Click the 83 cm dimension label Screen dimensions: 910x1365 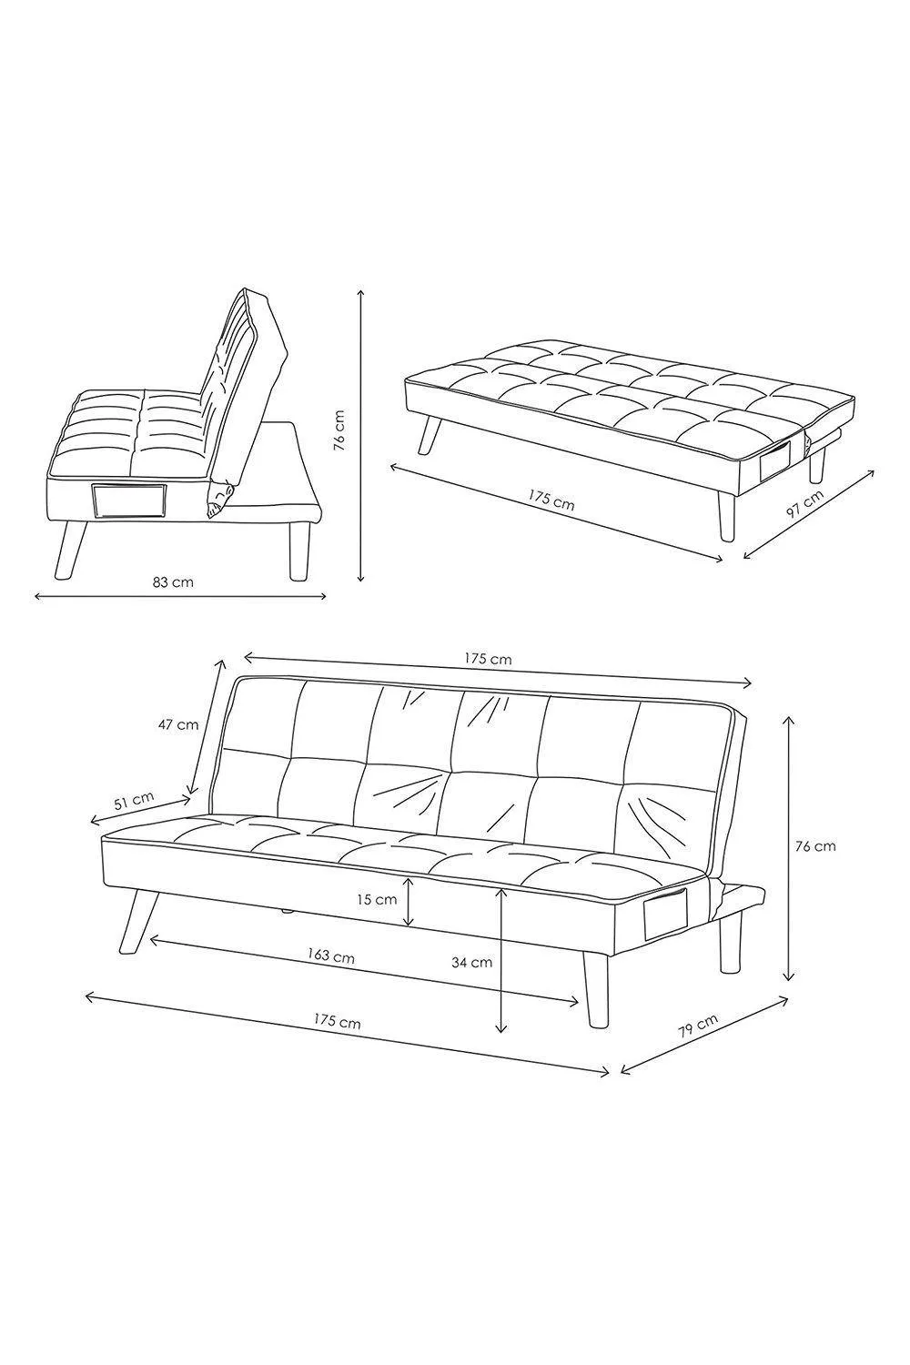pyautogui.click(x=173, y=582)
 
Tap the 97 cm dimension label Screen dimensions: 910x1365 pyautogui.click(x=805, y=504)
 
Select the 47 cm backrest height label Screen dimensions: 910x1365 pyautogui.click(x=178, y=725)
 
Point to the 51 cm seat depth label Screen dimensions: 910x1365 pyautogui.click(x=134, y=800)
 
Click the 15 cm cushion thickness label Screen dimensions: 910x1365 pyautogui.click(x=377, y=899)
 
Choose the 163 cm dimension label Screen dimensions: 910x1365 pyautogui.click(x=331, y=955)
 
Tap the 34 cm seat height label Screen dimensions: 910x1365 pyautogui.click(x=471, y=963)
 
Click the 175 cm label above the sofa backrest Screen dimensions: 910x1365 pyautogui.click(x=489, y=659)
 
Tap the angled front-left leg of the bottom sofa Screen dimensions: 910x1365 pyautogui.click(x=138, y=920)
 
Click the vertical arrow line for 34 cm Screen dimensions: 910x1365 pyautogui.click(x=501, y=959)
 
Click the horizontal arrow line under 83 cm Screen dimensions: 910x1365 pyautogui.click(x=181, y=597)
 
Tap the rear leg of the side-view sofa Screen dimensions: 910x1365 pyautogui.click(x=298, y=551)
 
